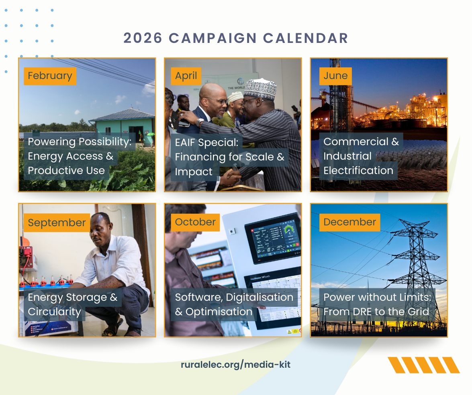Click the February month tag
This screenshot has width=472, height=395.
click(50, 76)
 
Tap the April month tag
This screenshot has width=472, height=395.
click(186, 76)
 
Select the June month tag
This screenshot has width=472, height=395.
click(335, 76)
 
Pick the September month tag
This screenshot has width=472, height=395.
click(57, 223)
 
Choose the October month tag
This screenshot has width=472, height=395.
click(195, 222)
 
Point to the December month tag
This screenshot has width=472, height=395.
click(349, 222)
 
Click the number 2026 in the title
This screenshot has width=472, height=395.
click(143, 38)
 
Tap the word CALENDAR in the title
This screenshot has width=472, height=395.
click(306, 38)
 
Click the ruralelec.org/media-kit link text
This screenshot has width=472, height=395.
click(236, 365)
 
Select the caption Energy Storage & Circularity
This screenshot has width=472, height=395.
click(73, 304)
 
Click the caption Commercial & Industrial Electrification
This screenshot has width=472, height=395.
click(361, 156)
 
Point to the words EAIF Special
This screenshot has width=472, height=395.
click(206, 142)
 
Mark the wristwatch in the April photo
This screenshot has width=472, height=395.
click(200, 122)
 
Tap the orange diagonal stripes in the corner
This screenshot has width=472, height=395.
click(423, 365)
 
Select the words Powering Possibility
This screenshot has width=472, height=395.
click(80, 142)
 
